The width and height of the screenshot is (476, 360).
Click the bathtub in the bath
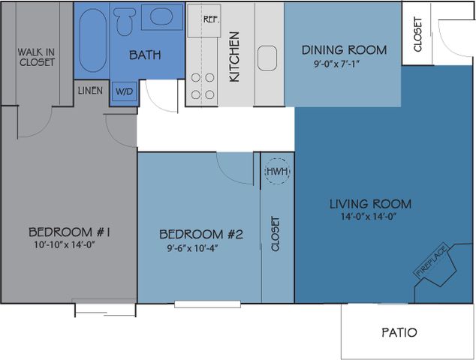click(93, 40)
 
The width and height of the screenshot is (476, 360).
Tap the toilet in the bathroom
click(124, 21)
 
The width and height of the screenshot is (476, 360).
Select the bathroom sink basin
click(161, 16)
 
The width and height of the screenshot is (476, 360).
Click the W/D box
click(125, 91)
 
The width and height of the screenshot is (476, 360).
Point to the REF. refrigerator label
click(211, 19)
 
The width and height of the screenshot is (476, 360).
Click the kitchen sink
click(267, 58)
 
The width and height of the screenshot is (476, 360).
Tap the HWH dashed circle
click(277, 171)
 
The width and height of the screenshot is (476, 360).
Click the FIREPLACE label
click(432, 261)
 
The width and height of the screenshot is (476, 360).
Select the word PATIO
click(399, 332)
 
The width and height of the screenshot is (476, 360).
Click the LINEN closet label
click(90, 91)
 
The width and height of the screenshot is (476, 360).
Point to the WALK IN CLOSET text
click(37, 57)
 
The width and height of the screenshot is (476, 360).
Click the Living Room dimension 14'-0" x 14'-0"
click(369, 217)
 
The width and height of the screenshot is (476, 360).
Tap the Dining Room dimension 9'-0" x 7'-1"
click(336, 64)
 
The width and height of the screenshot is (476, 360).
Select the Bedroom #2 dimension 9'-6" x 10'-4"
click(193, 248)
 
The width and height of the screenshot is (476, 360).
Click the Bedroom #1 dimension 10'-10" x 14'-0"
click(65, 244)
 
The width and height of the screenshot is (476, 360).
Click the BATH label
click(145, 55)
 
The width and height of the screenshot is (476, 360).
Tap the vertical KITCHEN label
click(234, 57)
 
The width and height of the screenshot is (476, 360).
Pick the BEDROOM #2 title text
click(201, 234)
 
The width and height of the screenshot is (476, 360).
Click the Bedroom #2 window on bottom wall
click(208, 304)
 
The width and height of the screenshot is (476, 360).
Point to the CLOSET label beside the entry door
click(417, 34)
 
